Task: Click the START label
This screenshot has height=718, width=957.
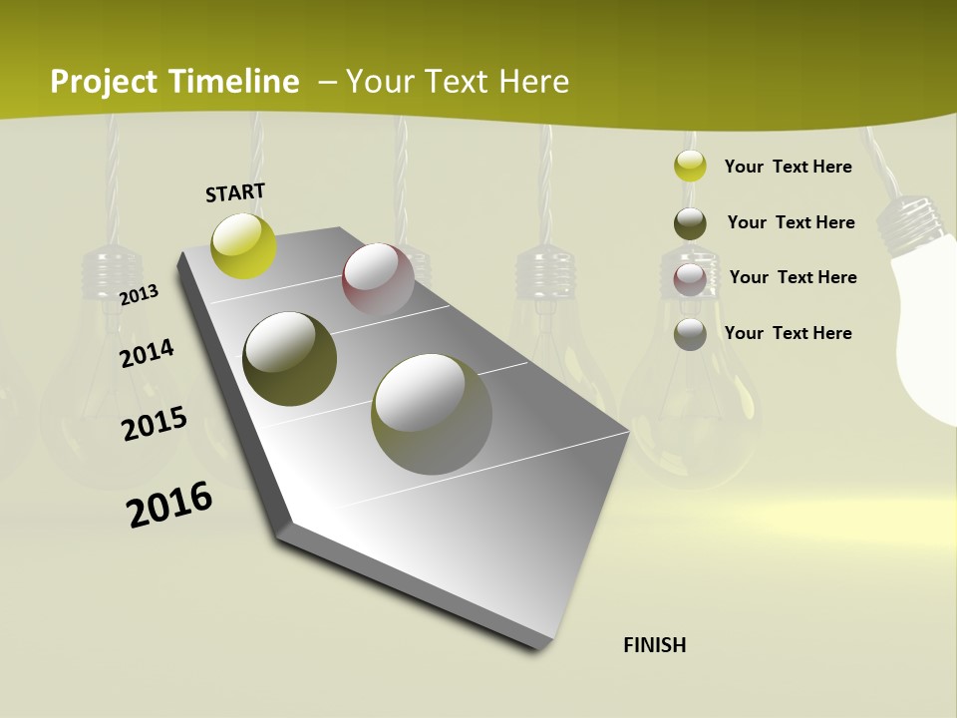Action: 235,192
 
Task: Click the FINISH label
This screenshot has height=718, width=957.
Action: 654,645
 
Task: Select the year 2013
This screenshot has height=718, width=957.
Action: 139,295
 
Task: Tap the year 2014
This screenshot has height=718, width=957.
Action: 147,353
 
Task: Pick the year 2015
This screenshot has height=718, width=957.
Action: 155,424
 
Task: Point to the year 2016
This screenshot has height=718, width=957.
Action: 169,504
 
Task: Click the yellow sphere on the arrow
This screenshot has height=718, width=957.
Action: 244,245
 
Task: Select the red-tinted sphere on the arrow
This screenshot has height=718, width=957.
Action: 378,280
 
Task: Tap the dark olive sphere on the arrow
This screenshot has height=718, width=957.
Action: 289,359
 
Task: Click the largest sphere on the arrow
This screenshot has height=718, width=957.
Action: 432,414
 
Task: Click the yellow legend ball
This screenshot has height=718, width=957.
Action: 690,166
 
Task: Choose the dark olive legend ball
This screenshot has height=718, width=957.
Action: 690,223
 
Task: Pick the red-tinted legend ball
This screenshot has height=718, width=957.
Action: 690,279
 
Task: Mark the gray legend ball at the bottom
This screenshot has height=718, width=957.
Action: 690,334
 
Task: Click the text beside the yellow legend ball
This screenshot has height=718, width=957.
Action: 788,167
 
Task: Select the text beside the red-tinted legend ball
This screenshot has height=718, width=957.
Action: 793,277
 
